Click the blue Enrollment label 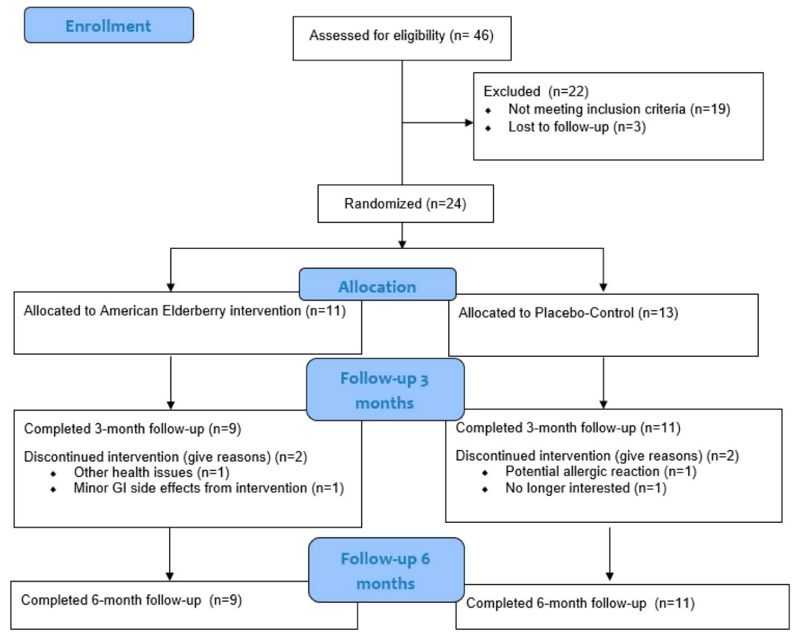tap(108, 26)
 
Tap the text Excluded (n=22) tap(536, 91)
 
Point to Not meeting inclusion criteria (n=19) tap(619, 109)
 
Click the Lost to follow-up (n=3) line tap(576, 127)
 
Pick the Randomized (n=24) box tap(405, 204)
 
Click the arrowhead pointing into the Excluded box tap(469, 122)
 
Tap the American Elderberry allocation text tap(185, 311)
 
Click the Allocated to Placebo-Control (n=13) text tap(568, 313)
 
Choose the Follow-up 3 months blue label tap(385, 390)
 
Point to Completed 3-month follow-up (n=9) tap(133, 429)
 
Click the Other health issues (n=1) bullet tap(151, 473)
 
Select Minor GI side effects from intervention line tap(208, 488)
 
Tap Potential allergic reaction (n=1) tap(601, 472)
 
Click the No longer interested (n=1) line tap(585, 488)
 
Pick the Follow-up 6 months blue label tap(386, 570)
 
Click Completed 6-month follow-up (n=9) tap(131, 600)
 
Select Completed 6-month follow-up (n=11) tap(580, 603)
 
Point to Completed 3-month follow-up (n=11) tap(568, 428)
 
